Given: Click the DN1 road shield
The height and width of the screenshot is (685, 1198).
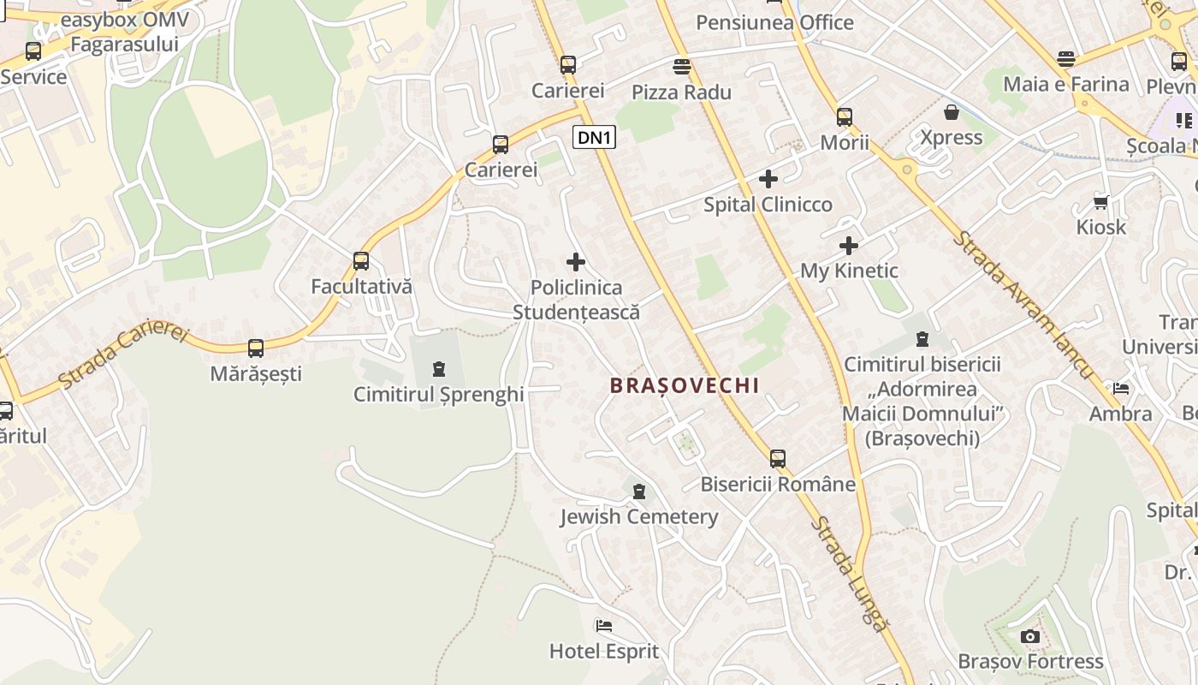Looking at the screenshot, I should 594,137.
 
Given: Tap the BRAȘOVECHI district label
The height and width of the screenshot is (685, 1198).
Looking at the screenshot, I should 685,385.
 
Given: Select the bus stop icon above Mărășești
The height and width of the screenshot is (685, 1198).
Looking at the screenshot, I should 256,348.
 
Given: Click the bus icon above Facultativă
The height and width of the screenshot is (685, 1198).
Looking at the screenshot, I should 361,261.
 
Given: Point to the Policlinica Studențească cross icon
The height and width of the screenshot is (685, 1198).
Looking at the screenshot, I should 576,262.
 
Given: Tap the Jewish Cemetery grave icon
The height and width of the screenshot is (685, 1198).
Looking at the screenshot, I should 638,491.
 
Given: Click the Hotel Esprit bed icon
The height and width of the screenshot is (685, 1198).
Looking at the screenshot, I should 604,626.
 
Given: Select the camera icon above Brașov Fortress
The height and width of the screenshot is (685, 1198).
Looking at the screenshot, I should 1030,636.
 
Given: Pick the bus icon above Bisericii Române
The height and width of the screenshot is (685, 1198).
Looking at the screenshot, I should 777,459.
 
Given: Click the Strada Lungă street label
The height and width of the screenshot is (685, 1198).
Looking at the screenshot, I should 850,574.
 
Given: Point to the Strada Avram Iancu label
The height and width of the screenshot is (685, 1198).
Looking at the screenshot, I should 1023,304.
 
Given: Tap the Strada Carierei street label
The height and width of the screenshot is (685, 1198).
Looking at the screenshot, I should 123,354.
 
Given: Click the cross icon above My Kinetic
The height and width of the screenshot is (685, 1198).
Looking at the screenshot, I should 848,247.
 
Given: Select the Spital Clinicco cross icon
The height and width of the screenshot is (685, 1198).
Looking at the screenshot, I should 768,179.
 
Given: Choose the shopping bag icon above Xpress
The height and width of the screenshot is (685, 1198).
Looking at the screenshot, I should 951,112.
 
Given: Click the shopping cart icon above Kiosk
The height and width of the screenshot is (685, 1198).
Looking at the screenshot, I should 1100,202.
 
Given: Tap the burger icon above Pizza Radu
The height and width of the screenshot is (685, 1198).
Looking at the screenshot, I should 681,66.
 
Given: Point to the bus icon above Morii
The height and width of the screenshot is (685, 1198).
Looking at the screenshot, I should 845,117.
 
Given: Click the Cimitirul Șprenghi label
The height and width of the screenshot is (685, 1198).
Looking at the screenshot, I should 439,395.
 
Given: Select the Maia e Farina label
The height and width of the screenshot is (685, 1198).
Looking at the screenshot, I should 1066,84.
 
